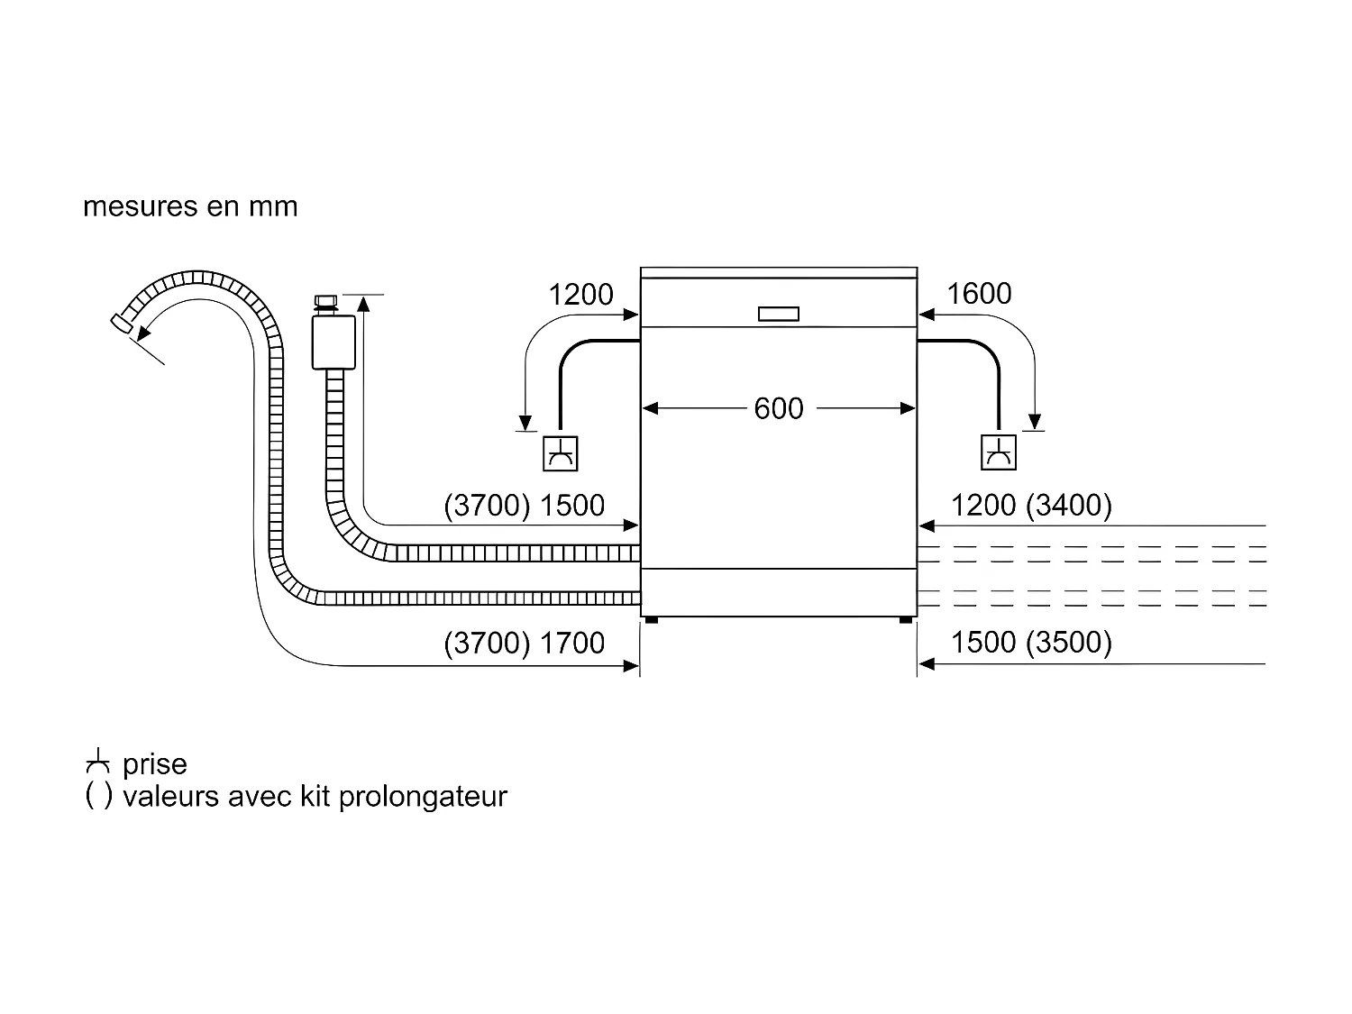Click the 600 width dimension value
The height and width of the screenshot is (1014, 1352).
point(778,409)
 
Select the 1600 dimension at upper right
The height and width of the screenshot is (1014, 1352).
point(979,294)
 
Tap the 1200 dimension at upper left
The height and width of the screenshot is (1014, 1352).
point(580,295)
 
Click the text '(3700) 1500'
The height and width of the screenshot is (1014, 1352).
point(524,506)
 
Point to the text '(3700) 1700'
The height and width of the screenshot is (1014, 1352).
point(524,644)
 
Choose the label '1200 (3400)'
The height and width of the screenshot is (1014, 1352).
point(1031,506)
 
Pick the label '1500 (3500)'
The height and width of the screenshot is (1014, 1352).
point(1031,643)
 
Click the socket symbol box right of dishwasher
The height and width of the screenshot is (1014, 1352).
point(999,452)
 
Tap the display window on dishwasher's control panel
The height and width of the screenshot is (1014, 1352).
point(779,314)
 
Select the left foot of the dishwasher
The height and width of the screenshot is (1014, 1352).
point(651,620)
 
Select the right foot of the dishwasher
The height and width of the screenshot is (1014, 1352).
point(904,620)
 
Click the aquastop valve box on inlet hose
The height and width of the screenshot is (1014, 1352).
point(333,341)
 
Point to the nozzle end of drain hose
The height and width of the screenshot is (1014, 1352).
point(118,324)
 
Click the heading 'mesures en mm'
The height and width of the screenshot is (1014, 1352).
point(190,206)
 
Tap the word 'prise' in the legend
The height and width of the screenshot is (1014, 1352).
point(155,764)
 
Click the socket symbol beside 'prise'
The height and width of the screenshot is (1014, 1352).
point(98,764)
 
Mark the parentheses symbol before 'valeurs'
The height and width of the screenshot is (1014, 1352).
point(99,797)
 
